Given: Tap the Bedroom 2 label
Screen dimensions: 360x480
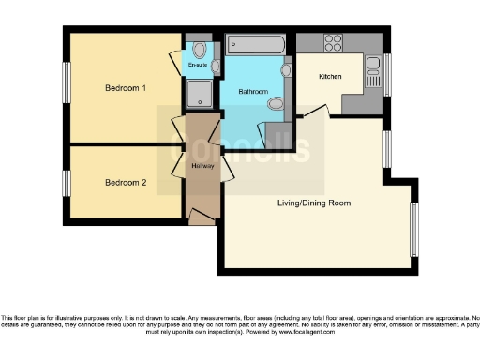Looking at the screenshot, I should [x=125, y=182].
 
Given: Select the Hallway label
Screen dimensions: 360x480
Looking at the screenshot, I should [x=202, y=166].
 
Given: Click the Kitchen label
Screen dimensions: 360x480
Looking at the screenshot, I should [x=330, y=75].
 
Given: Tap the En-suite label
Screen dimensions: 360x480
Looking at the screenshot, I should [x=197, y=65].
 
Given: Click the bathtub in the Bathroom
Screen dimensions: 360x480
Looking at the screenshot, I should [x=255, y=44].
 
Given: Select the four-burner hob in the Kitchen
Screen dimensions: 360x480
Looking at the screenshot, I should [x=334, y=42].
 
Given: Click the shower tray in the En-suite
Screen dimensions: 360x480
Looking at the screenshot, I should [x=200, y=92].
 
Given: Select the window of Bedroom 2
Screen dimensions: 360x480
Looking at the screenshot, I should [x=67, y=182].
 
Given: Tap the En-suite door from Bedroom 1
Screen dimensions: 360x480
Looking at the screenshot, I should [x=175, y=62].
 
